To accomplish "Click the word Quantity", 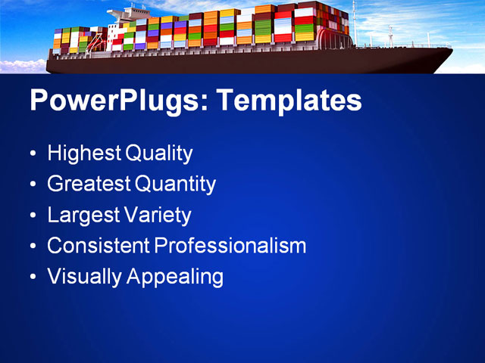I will (175, 184).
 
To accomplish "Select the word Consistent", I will (98, 246).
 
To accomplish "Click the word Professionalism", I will (230, 246).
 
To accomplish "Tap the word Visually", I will (84, 277).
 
